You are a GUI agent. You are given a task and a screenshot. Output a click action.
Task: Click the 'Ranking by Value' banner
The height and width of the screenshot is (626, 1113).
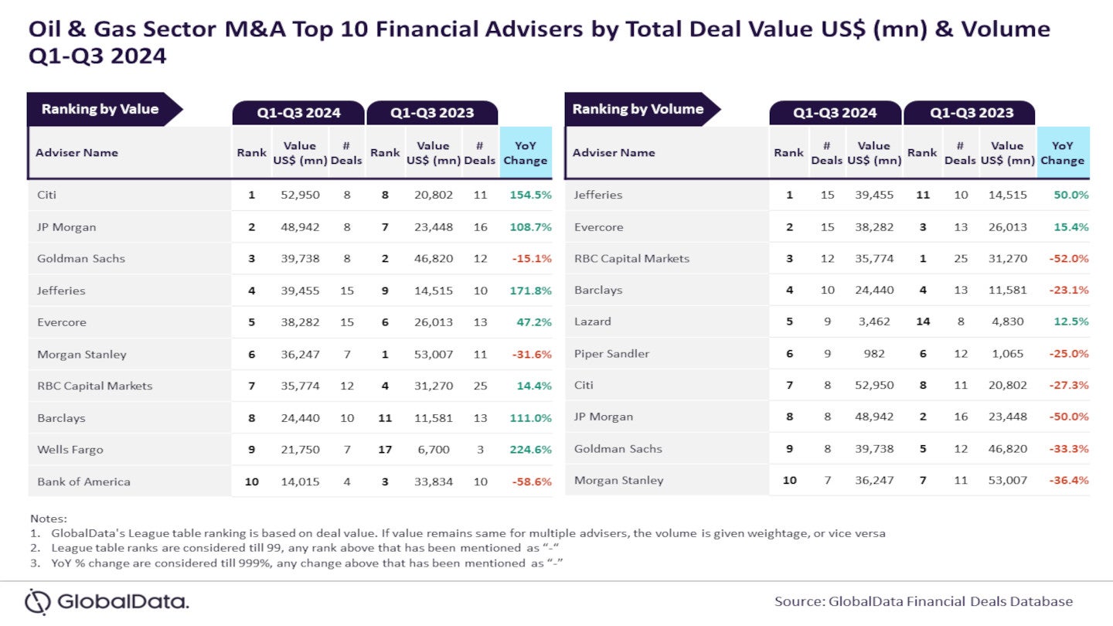point(100,109)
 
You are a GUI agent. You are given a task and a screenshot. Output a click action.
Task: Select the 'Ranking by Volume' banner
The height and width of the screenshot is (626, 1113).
point(638,109)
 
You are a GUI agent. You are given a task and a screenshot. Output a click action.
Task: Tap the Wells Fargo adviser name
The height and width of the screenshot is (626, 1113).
point(70,449)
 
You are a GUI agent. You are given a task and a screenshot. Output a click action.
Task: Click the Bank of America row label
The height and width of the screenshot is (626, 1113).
point(83,481)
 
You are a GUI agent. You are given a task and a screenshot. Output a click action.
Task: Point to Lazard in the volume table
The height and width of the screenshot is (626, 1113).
point(592,322)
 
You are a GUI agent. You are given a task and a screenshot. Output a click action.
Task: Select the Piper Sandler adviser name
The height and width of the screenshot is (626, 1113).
point(611,353)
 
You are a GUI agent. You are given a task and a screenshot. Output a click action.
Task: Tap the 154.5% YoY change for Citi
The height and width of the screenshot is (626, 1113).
point(530,195)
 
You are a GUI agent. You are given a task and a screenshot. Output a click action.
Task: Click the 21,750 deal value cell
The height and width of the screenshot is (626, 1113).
point(300,449)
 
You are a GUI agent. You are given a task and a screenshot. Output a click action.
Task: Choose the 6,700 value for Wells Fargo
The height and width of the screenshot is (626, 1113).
point(433,449)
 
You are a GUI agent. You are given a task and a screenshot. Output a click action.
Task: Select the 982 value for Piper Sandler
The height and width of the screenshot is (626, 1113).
point(874,353)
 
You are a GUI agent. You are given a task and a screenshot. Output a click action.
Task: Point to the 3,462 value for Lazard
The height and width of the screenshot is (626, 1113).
point(874,322)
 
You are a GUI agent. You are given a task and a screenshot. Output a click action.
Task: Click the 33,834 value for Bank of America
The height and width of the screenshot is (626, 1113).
point(433,481)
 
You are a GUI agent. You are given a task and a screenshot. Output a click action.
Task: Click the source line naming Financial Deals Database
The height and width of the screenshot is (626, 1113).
point(924,601)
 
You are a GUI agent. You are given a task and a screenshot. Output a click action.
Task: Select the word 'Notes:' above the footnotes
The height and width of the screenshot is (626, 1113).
point(49,518)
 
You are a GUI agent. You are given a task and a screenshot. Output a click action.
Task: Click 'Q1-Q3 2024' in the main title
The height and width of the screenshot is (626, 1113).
point(97,56)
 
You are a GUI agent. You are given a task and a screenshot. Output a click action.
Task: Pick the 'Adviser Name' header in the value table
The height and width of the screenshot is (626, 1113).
point(77,152)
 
